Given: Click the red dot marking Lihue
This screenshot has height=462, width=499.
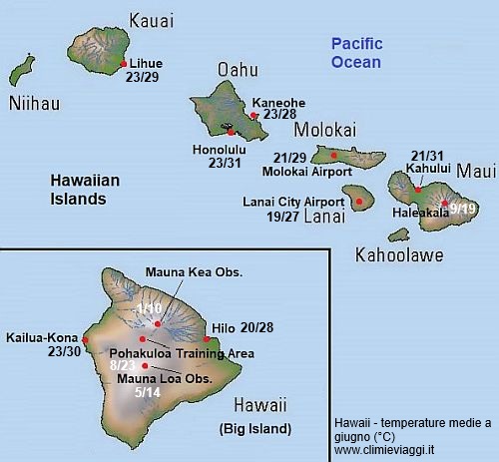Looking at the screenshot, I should click(123, 63).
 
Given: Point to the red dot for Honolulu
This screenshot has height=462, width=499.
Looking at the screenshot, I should click(230, 131).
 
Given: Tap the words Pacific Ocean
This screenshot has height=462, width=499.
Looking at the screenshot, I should click(356, 53).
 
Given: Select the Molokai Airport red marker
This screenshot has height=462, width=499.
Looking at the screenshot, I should click(333, 155).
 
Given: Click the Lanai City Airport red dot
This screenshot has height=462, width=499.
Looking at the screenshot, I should click(359, 201).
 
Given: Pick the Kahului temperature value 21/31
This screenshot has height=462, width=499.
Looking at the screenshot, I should click(426, 155).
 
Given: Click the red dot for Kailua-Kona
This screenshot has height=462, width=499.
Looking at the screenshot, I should click(87, 339).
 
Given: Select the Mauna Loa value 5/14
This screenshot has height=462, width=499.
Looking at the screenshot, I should click(147, 392).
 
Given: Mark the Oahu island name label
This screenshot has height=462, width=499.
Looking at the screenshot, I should click(237, 70).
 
